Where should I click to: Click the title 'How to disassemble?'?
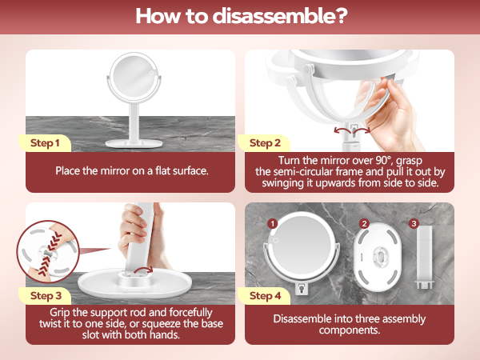tap(239, 16)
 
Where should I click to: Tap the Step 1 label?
tap(45, 143)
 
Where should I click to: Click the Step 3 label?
tap(45, 295)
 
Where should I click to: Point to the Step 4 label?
tap(266, 295)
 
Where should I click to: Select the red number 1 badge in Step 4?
tap(272, 223)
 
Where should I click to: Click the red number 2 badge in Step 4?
tap(364, 223)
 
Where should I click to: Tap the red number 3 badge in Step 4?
tap(414, 223)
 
